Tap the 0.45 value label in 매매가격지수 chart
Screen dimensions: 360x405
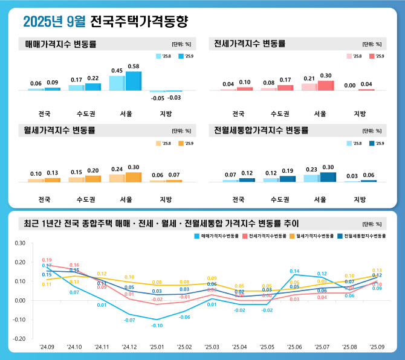pyautogui.click(x=117, y=71)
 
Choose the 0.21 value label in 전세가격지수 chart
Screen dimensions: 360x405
pyautogui.click(x=309, y=79)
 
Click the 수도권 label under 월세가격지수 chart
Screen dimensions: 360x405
pyautogui.click(x=85, y=199)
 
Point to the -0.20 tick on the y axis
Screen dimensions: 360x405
pyautogui.click(x=19, y=339)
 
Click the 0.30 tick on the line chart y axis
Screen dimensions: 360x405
pyautogui.click(x=19, y=243)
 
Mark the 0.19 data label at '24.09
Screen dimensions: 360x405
pyautogui.click(x=47, y=260)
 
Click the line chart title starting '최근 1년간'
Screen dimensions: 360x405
pyautogui.click(x=161, y=222)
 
